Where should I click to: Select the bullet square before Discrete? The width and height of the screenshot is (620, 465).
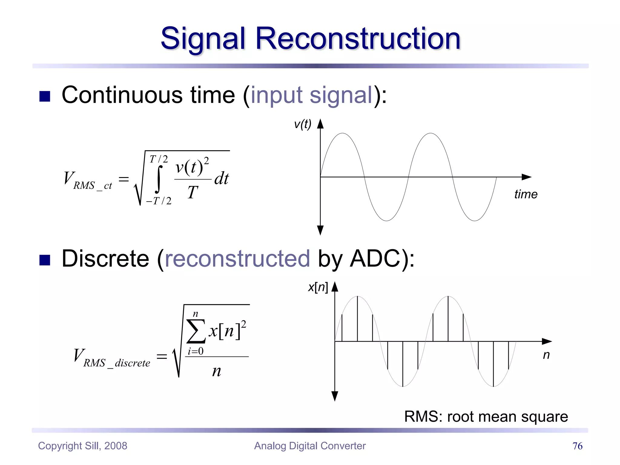45,260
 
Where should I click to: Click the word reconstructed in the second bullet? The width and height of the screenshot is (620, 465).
237,259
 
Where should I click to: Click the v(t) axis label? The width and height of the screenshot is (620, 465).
302,124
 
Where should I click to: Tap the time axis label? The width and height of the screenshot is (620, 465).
526,194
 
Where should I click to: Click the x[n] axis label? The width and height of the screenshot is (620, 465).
318,287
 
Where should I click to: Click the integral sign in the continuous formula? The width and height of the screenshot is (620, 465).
158,179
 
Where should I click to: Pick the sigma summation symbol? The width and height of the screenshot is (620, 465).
196,331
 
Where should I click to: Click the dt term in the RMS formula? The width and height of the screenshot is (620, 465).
222,178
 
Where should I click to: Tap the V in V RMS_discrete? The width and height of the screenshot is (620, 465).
79,355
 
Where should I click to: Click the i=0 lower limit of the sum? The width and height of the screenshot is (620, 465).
196,351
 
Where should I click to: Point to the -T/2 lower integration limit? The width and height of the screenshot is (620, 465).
159,201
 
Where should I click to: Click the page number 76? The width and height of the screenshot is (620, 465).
577,446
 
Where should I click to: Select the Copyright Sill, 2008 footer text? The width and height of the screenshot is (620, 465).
83,446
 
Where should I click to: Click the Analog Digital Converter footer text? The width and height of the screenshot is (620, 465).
310,446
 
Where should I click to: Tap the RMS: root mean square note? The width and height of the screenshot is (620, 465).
486,417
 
